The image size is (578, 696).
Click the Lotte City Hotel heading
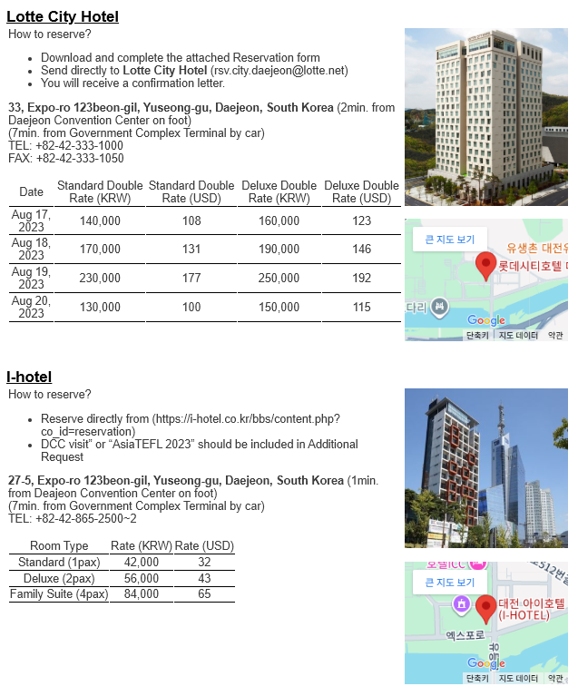(x=63, y=16)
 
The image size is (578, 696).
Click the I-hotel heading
(x=29, y=377)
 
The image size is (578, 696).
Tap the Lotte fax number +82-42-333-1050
(x=80, y=158)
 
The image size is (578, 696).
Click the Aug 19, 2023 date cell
(x=31, y=279)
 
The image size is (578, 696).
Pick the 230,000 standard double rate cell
(x=100, y=279)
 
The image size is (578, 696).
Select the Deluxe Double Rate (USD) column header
(x=361, y=191)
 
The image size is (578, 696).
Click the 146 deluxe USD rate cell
(x=361, y=250)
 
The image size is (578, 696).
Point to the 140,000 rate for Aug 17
(x=100, y=221)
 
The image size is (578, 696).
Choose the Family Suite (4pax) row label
(x=59, y=594)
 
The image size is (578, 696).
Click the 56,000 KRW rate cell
(x=142, y=578)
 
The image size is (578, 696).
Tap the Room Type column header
(x=59, y=546)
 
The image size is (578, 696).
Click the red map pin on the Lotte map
(x=485, y=264)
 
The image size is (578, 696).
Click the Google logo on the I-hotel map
(x=486, y=663)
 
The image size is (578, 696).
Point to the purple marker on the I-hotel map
(x=461, y=603)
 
